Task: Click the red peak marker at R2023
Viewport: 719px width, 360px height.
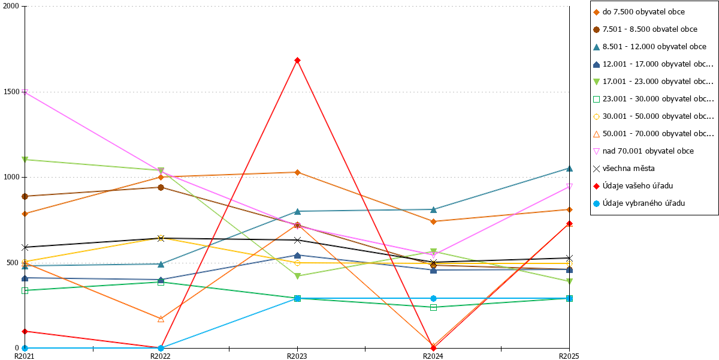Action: point(297,61)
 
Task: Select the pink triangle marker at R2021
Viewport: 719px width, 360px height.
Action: point(25,92)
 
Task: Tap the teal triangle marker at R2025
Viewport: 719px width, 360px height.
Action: point(569,169)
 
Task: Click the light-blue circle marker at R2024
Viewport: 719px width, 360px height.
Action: point(433,298)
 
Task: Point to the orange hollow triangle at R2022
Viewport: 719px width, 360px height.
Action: point(161,319)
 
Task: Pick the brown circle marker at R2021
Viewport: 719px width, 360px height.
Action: point(25,196)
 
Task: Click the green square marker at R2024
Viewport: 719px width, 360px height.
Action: point(433,308)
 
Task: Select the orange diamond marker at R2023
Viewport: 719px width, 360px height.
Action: point(297,173)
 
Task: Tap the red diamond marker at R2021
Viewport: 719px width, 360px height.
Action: point(25,331)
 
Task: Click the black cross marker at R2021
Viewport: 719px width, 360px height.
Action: point(25,247)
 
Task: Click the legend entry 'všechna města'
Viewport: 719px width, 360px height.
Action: point(624,169)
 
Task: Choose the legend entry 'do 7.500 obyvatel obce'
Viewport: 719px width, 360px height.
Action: point(639,12)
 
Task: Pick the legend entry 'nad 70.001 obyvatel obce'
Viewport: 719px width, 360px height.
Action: point(644,151)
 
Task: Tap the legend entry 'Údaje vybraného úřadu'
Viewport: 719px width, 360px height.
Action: point(639,203)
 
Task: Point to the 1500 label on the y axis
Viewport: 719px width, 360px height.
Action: point(11,92)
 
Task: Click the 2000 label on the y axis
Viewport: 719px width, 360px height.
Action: point(11,6)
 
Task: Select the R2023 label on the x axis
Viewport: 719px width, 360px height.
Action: point(297,356)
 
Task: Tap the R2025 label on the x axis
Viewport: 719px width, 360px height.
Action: point(569,356)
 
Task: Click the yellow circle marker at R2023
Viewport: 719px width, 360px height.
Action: point(297,263)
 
